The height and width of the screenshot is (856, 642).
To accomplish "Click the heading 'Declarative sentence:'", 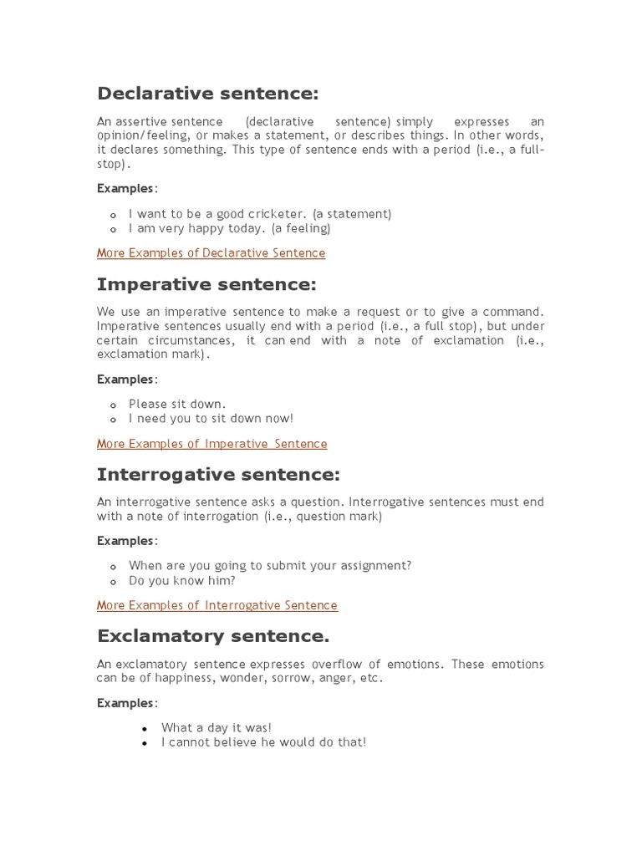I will pos(207,93).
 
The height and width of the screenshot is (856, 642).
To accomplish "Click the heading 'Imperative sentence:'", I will pos(206,285).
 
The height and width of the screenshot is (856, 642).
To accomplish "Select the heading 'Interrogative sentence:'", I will pos(218,475).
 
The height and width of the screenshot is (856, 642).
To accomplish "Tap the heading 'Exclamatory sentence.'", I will pos(213,636).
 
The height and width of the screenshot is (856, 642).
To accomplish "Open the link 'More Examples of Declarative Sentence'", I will pos(211,253).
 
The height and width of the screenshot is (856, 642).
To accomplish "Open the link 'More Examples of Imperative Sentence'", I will pos(211,444).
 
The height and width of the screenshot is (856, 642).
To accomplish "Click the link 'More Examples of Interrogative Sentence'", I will pos(217,605).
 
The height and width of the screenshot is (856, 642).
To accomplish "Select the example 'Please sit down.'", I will pos(176,404).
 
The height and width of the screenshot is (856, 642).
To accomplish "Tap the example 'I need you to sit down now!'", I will pos(211,418).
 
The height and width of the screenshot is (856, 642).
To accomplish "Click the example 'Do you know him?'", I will pos(181,580).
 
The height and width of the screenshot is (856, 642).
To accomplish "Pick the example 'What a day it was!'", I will pos(216,728).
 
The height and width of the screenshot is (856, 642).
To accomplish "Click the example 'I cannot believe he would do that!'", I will pos(263,742).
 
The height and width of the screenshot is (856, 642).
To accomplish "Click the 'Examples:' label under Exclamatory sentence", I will pos(126,703).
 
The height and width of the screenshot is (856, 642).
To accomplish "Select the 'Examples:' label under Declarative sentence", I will pos(126,188).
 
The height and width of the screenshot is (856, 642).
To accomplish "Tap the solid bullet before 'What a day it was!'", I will pos(145,729).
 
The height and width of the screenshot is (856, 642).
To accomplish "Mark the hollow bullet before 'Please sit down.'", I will pos(113,405).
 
